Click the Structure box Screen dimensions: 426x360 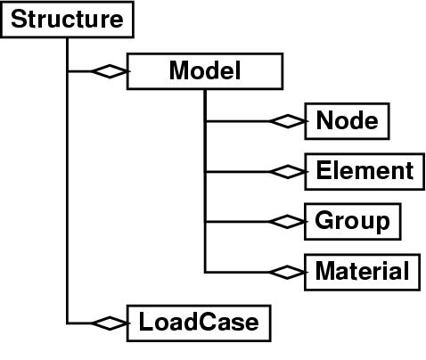(67, 20)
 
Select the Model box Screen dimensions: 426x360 (205, 71)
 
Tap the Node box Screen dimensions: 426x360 (347, 121)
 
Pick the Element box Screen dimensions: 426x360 (365, 171)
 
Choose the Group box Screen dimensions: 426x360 (353, 221)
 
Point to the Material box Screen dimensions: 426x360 (362, 272)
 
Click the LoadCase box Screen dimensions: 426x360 (199, 323)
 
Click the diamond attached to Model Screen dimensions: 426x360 (110, 71)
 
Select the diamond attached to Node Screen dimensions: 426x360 (288, 121)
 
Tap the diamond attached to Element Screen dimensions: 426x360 (288, 172)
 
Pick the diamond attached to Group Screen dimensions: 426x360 (288, 222)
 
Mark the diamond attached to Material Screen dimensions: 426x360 (288, 272)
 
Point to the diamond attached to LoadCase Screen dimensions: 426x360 (110, 323)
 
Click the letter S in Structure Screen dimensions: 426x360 (20, 19)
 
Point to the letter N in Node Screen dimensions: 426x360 (325, 120)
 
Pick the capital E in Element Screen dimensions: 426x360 (324, 170)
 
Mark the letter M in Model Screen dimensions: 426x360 (180, 70)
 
